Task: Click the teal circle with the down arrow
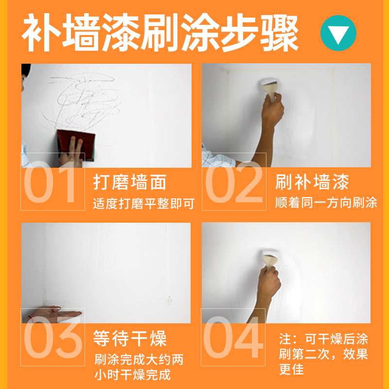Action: pyautogui.click(x=338, y=33)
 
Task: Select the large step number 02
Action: pyautogui.click(x=234, y=182)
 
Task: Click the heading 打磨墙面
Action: pyautogui.click(x=130, y=182)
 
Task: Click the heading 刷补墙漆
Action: pyautogui.click(x=312, y=182)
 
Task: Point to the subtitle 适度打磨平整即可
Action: pyautogui.click(x=143, y=203)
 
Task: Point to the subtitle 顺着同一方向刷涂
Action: pyautogui.click(x=326, y=202)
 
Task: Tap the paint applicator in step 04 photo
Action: pyautogui.click(x=269, y=258)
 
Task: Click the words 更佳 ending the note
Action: pyautogui.click(x=292, y=370)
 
